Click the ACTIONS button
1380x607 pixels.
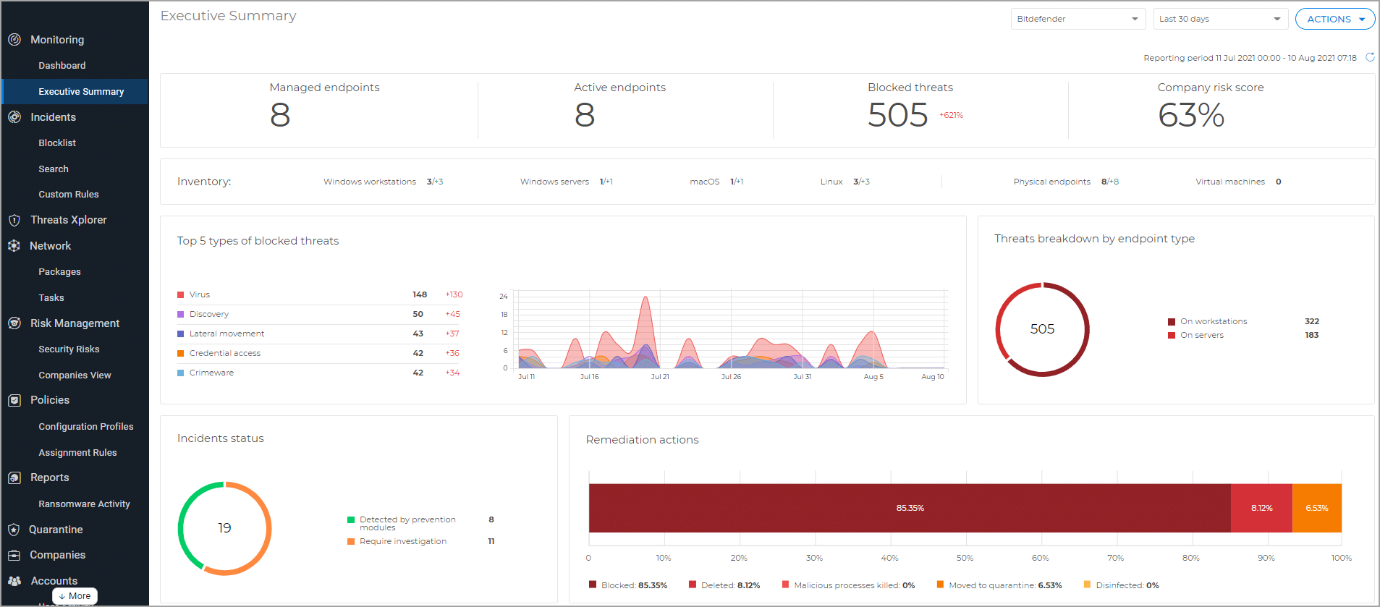click(x=1334, y=19)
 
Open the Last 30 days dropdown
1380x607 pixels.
click(x=1220, y=19)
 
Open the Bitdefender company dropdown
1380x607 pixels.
click(x=1077, y=19)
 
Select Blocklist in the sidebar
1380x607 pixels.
click(x=57, y=143)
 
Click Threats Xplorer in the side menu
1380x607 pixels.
click(x=68, y=220)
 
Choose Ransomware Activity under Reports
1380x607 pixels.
click(x=84, y=504)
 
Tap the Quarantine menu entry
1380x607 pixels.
click(x=56, y=530)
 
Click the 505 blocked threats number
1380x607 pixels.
click(x=897, y=115)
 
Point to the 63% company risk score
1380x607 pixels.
click(x=1190, y=115)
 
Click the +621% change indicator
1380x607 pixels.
click(x=951, y=116)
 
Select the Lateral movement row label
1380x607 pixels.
click(x=227, y=334)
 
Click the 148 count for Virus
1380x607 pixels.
click(x=419, y=294)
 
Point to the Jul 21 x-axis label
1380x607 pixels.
click(x=659, y=377)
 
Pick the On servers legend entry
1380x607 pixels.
click(x=1201, y=335)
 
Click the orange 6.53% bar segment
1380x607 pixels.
click(x=1316, y=508)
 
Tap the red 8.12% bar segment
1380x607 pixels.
click(x=1261, y=508)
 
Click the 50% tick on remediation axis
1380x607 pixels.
click(x=965, y=558)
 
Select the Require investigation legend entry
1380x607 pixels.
click(x=402, y=541)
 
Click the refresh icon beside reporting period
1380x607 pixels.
click(x=1369, y=57)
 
